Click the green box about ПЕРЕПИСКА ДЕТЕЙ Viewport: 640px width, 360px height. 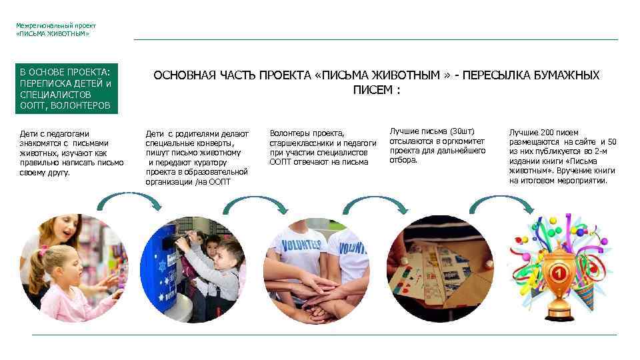[67, 89]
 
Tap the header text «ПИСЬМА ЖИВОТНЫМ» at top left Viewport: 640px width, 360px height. [53, 33]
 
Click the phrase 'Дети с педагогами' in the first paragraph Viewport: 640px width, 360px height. [55, 133]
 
